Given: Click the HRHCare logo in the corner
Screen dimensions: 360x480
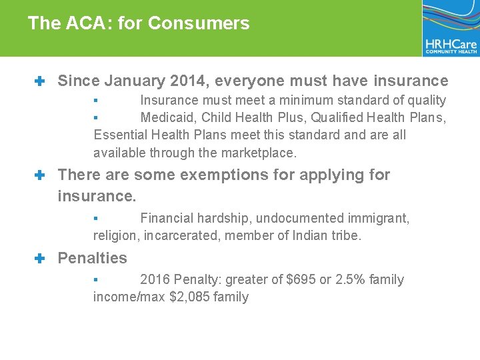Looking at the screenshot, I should (x=450, y=28).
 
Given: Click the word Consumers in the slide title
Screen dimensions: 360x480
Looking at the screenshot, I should (x=199, y=23).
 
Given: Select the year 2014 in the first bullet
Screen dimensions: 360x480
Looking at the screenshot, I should (x=189, y=81).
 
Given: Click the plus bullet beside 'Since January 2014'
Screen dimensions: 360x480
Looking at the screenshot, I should (x=39, y=81).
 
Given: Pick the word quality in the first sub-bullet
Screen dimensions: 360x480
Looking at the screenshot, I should (x=424, y=101).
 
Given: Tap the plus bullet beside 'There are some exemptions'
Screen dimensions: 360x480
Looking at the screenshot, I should (x=39, y=175).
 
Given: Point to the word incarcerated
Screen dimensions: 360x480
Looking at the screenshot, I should (x=185, y=235).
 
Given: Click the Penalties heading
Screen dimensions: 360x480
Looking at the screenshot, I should (x=92, y=258).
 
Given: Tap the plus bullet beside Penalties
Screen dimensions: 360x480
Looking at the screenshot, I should (x=39, y=258).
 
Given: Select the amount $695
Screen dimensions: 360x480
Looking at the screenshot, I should (x=301, y=279).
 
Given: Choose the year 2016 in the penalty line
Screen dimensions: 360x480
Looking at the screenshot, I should (x=155, y=279).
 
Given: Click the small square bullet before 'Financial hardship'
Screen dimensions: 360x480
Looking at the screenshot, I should (x=95, y=218).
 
